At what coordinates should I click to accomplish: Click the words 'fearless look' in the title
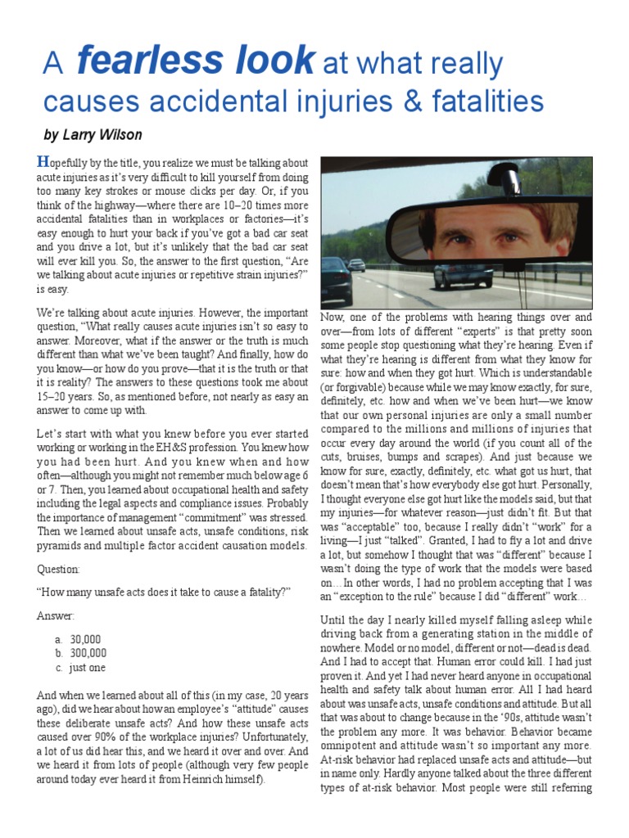[194, 61]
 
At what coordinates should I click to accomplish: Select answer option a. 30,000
[84, 637]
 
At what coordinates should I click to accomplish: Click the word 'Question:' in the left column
[60, 568]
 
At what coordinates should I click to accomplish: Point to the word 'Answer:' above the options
[56, 615]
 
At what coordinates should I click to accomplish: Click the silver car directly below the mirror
[451, 275]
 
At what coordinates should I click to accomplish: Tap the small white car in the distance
[356, 265]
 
